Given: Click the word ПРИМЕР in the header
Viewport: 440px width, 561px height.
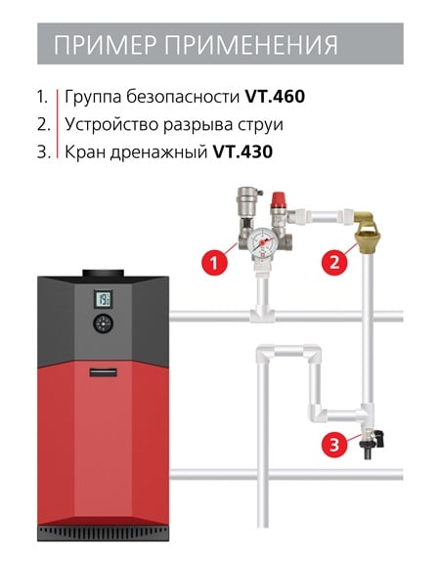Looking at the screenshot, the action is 106,45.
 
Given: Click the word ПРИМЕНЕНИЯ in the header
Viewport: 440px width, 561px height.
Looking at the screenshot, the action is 251,45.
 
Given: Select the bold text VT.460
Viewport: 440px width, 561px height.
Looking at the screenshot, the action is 275,97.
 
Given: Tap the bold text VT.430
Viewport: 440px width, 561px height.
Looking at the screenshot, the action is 242,151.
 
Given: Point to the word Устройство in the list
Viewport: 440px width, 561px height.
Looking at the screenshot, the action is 111,125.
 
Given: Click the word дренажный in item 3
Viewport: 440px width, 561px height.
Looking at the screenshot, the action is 158,152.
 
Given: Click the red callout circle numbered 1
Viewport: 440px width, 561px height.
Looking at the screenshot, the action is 214,263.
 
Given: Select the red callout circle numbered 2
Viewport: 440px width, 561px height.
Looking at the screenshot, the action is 334,263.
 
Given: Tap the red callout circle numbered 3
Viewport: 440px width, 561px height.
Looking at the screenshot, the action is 334,445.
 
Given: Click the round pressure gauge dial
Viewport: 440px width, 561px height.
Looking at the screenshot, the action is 262,242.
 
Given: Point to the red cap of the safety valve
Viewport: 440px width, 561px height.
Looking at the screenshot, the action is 278,200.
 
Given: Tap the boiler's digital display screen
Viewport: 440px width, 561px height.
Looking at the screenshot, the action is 103,299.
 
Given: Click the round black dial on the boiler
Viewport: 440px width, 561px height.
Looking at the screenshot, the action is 103,324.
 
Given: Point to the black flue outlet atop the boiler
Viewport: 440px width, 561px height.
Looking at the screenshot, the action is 103,274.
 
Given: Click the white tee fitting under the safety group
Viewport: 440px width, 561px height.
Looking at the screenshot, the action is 262,315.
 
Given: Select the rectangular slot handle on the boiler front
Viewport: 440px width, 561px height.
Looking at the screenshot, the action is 103,372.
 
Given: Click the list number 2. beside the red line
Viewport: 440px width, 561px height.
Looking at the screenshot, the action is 44,125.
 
